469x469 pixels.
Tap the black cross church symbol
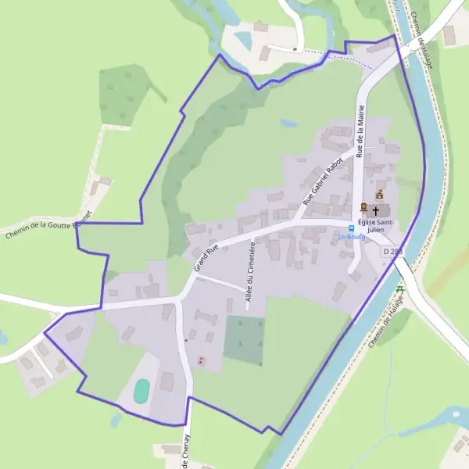click(376, 210)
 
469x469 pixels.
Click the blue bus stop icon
click(352, 228)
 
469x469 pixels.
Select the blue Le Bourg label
click(351, 237)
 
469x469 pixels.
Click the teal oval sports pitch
click(141, 391)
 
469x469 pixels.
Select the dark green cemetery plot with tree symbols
click(244, 340)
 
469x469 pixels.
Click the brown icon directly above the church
click(380, 195)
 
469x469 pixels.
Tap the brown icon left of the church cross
click(363, 207)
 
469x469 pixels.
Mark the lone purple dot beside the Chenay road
click(186, 340)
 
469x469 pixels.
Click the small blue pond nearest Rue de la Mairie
click(289, 123)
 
